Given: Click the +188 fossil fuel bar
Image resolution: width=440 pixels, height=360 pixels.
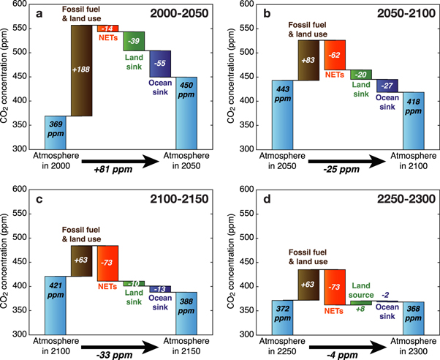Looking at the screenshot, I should [83, 70].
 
